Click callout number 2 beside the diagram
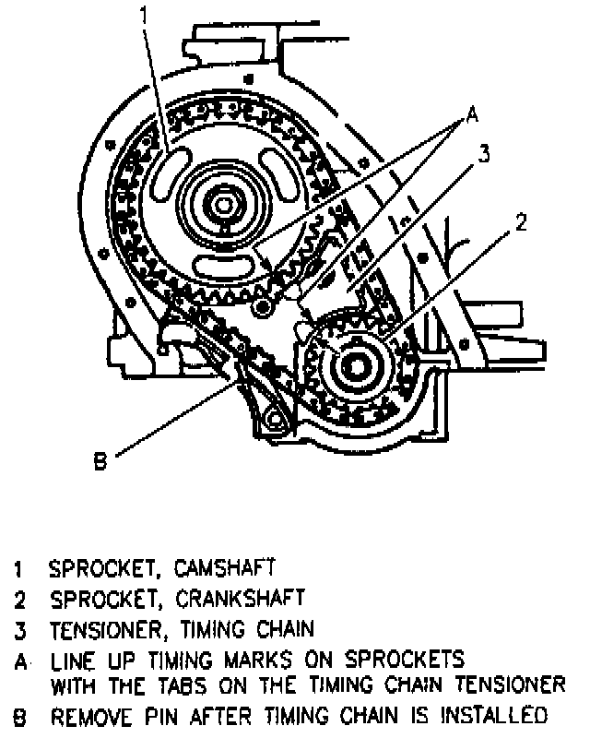coord(521,221)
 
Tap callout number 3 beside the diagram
coord(482,155)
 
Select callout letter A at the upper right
coord(470,115)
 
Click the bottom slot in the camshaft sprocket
coord(225,265)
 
